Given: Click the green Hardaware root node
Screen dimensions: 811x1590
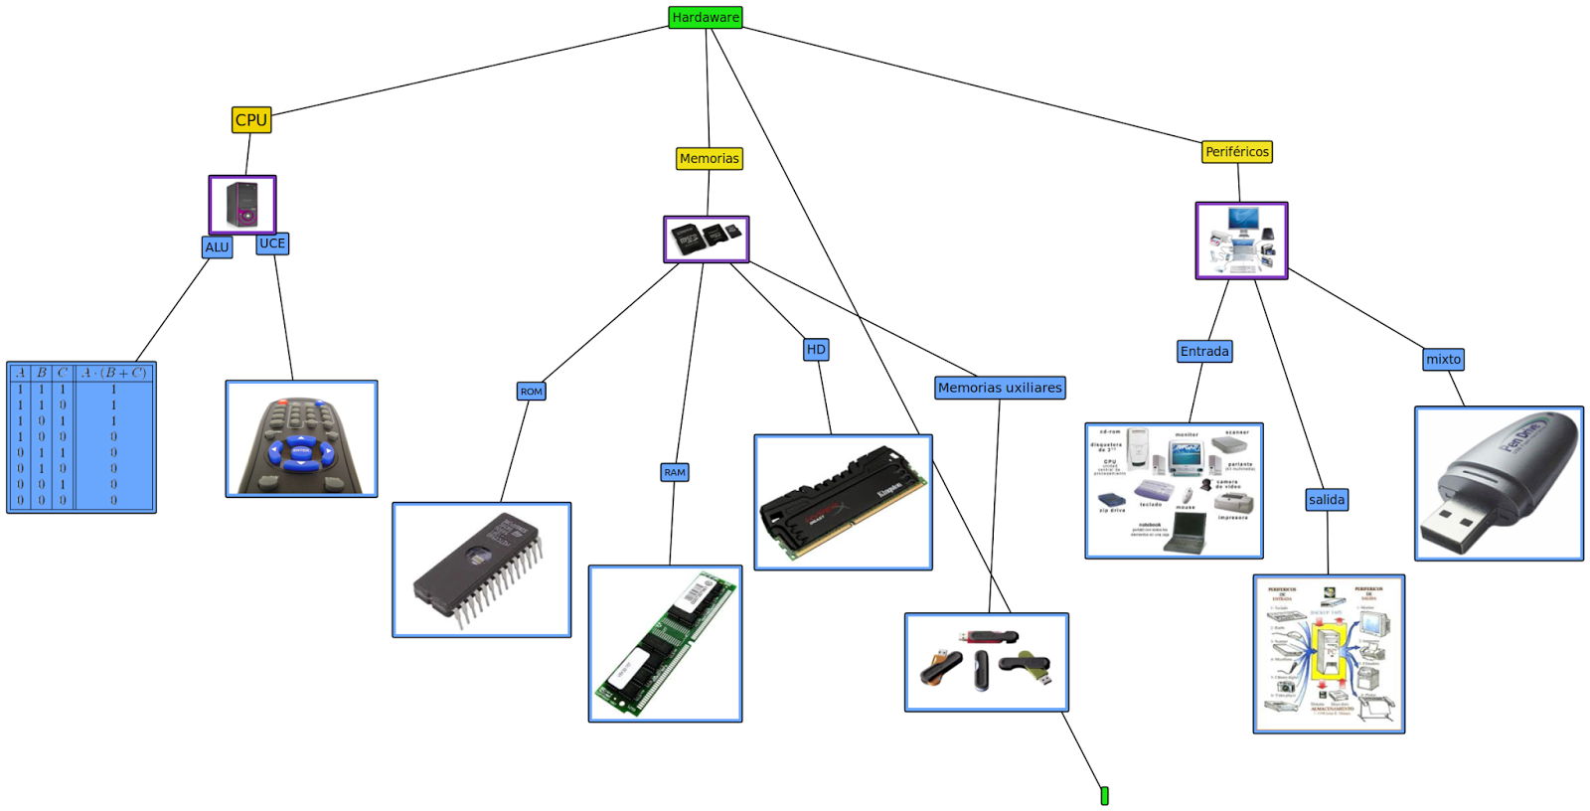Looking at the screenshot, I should (705, 17).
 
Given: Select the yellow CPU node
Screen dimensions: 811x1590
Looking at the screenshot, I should (250, 119).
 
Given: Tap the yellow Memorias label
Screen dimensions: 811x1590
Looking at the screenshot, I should (709, 158).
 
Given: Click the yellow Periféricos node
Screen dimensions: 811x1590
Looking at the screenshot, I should (1236, 151).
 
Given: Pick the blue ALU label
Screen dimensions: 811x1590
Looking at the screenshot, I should (217, 246).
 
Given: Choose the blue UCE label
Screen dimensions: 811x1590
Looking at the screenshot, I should (272, 243).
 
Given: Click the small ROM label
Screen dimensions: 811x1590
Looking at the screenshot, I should (532, 391).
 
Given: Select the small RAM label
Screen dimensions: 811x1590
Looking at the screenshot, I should (675, 472).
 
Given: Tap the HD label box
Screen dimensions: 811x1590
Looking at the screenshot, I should (816, 349).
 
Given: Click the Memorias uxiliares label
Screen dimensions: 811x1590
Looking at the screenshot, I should (1000, 388).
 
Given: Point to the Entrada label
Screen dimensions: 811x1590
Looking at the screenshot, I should (1204, 351).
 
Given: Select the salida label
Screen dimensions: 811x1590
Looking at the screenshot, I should (1327, 499).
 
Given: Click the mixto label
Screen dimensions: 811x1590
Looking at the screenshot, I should (1443, 359).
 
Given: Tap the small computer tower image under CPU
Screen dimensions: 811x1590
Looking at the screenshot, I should (241, 205).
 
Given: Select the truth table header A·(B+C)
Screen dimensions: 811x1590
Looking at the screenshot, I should (114, 373).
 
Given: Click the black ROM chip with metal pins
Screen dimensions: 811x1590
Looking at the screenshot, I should (477, 567).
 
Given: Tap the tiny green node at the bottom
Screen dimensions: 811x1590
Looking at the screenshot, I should (1104, 795).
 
